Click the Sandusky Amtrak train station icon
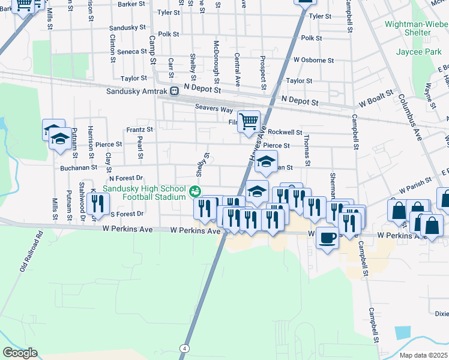pyautogui.click(x=174, y=91)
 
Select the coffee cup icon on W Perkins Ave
pyautogui.click(x=327, y=238)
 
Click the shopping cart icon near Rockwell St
pyautogui.click(x=249, y=122)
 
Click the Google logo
pyautogui.click(x=20, y=353)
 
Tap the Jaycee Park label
pyautogui.click(x=418, y=52)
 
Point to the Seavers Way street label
pyautogui.click(x=213, y=108)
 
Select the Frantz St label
pyautogui.click(x=139, y=129)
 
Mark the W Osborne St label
pyautogui.click(x=313, y=60)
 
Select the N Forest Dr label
pyautogui.click(x=125, y=178)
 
